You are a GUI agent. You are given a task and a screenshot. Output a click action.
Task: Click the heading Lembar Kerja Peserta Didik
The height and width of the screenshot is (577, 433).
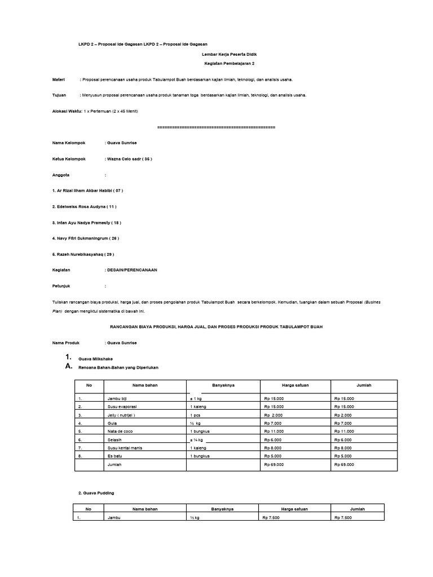pos(229,54)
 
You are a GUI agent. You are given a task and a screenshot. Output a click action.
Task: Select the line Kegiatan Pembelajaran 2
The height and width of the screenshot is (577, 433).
pos(229,64)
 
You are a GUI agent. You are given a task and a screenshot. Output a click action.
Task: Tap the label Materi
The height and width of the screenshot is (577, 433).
pos(59,79)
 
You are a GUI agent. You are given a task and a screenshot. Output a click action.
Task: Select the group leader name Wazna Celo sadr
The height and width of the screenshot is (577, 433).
pos(129,159)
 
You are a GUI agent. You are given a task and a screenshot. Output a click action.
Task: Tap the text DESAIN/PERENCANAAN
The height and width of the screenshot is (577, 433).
pos(132,270)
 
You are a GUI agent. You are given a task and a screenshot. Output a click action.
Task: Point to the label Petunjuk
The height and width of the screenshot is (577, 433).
pos(61,286)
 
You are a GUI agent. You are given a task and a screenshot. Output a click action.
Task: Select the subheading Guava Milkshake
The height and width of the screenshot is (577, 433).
pos(94,358)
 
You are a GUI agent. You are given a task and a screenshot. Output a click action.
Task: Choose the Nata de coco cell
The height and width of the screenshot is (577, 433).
pos(121,430)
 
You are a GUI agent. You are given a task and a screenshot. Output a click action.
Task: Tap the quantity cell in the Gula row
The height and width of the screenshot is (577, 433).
pos(196,423)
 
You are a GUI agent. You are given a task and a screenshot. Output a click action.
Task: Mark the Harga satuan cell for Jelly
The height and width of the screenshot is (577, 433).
pos(274,415)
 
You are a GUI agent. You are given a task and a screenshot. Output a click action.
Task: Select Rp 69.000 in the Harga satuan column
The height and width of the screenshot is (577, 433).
pos(274,465)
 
